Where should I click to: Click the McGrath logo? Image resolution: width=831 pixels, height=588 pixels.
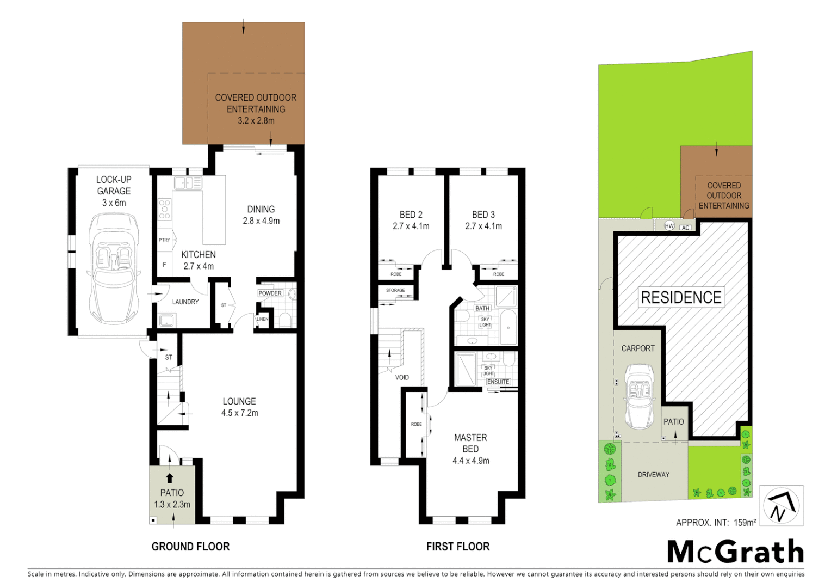[x=735, y=552]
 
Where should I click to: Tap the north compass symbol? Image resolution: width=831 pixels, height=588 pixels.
[x=781, y=506]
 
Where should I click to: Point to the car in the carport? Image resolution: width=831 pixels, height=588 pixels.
[x=639, y=396]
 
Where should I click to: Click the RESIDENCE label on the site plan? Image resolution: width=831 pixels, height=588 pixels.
[x=681, y=297]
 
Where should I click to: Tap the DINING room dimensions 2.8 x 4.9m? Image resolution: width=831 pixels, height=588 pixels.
[x=261, y=221]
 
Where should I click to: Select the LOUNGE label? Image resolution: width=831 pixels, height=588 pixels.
[x=239, y=401]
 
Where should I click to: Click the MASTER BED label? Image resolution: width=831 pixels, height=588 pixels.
[x=470, y=443]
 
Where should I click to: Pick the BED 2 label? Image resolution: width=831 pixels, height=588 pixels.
[x=411, y=215]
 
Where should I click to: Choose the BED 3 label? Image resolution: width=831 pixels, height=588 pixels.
[x=483, y=215]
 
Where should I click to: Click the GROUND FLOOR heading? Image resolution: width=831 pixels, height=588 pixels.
[x=190, y=547]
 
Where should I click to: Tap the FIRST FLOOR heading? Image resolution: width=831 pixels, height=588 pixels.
[x=457, y=547]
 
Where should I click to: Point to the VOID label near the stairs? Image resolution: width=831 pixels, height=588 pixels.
[x=402, y=377]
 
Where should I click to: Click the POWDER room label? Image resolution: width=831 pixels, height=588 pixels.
[x=270, y=293]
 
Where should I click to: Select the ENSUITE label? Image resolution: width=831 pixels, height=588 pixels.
[x=498, y=382]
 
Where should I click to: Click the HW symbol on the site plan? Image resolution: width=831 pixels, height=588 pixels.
[x=669, y=226]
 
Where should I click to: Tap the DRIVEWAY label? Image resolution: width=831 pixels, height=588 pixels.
[x=653, y=475]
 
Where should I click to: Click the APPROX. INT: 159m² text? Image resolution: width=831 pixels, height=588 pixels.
[x=716, y=523]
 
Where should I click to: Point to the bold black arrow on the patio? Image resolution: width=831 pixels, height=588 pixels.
[x=170, y=478]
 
